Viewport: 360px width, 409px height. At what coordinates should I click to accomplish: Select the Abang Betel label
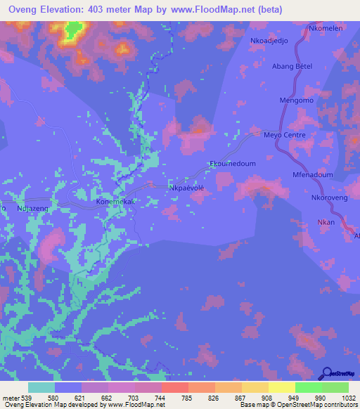tap(292, 67)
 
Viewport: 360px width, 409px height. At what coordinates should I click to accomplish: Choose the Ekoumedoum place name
tap(233, 164)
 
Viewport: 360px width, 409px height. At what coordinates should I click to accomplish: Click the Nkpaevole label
tap(186, 188)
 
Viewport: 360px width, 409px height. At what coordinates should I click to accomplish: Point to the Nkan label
tap(326, 222)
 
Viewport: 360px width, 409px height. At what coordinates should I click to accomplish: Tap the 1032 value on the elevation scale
tap(340, 397)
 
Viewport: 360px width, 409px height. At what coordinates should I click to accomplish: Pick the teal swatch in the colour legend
tap(41, 387)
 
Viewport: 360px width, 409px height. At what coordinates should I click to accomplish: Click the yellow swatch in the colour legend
tap(281, 387)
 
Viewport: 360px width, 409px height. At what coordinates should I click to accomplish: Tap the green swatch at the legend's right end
tap(335, 387)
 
